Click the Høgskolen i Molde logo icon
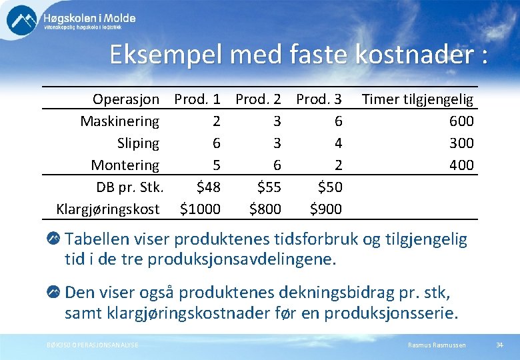[22, 19]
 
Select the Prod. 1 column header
[197, 99]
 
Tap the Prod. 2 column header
[258, 99]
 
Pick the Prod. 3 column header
[319, 99]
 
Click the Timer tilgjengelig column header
[417, 99]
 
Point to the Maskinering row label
[120, 121]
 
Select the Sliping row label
[138, 143]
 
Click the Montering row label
[125, 165]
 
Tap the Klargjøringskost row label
[108, 209]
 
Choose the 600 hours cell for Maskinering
[461, 121]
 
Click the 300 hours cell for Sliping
[461, 143]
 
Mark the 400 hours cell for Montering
[461, 165]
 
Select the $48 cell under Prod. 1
[207, 187]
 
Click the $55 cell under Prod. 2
[268, 187]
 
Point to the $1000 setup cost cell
[200, 209]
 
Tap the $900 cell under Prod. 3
[326, 209]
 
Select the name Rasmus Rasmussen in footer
[437, 344]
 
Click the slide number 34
[499, 344]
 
